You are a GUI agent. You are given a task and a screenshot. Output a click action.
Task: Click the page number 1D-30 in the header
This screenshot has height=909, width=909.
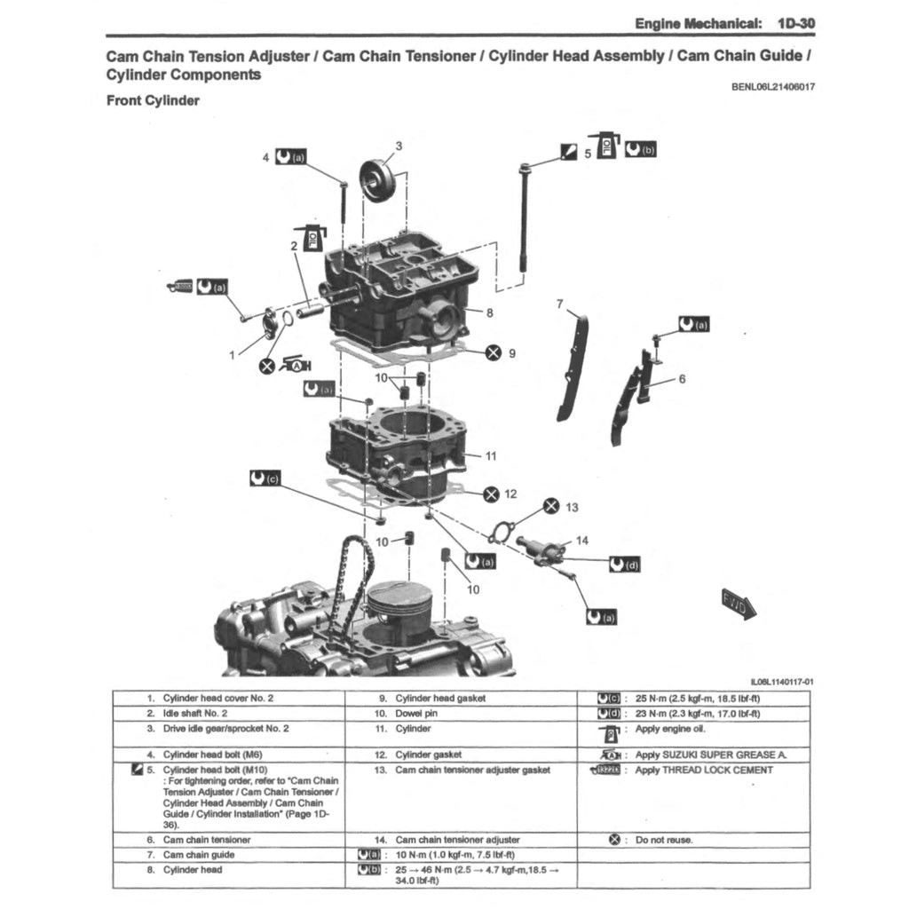(x=794, y=23)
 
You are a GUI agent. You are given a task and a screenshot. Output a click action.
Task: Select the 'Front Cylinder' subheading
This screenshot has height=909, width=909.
(x=153, y=100)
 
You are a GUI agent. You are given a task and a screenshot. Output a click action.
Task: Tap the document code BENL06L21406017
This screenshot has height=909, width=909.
(x=772, y=87)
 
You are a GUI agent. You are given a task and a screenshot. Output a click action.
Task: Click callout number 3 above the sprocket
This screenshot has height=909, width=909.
(x=399, y=146)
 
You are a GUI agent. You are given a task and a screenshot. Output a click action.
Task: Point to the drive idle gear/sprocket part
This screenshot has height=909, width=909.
(x=376, y=180)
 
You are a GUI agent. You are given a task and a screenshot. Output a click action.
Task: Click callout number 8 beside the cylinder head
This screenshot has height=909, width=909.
(x=489, y=312)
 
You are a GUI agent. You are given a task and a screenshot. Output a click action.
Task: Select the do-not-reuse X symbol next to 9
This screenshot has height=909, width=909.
(x=494, y=352)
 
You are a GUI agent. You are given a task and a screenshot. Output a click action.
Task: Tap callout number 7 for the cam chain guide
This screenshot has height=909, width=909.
(x=559, y=304)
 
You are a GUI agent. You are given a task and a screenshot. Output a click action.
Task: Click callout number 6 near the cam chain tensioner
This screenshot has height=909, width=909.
(x=682, y=378)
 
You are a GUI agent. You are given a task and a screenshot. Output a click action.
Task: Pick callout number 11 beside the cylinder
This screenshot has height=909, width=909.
(x=491, y=455)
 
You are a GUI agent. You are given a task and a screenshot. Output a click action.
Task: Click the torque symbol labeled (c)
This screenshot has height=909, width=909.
(x=265, y=478)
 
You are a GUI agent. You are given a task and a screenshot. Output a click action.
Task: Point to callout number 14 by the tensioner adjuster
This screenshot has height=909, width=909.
(x=581, y=540)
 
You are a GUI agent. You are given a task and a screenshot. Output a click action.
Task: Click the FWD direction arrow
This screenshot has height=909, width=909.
(x=738, y=605)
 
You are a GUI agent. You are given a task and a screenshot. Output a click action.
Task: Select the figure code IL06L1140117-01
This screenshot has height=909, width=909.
(x=781, y=682)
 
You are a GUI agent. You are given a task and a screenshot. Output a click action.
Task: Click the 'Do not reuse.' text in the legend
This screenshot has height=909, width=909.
(x=664, y=840)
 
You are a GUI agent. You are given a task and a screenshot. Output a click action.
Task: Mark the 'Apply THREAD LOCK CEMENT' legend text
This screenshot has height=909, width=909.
(x=704, y=770)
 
